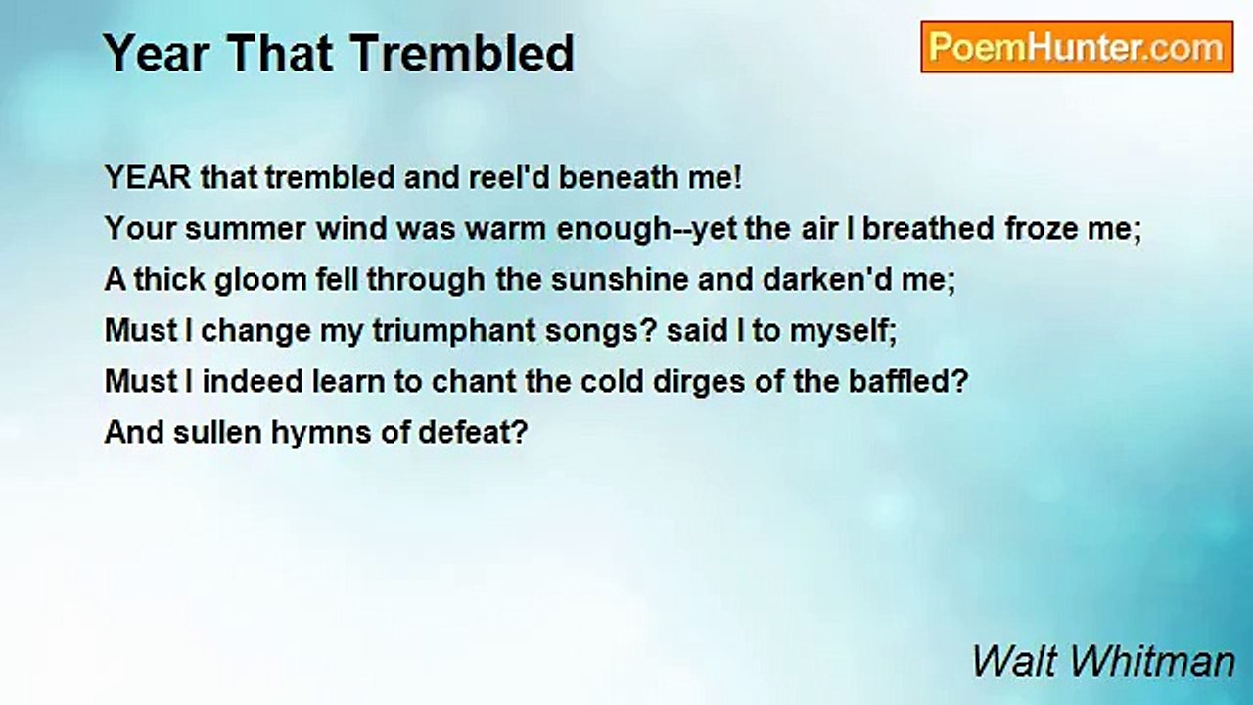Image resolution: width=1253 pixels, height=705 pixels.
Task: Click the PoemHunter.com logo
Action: (1076, 47)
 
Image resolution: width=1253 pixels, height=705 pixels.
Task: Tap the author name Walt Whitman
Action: (1102, 662)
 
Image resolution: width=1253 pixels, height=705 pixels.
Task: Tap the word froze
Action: (1044, 229)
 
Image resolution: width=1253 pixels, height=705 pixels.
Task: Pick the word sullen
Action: (212, 433)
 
